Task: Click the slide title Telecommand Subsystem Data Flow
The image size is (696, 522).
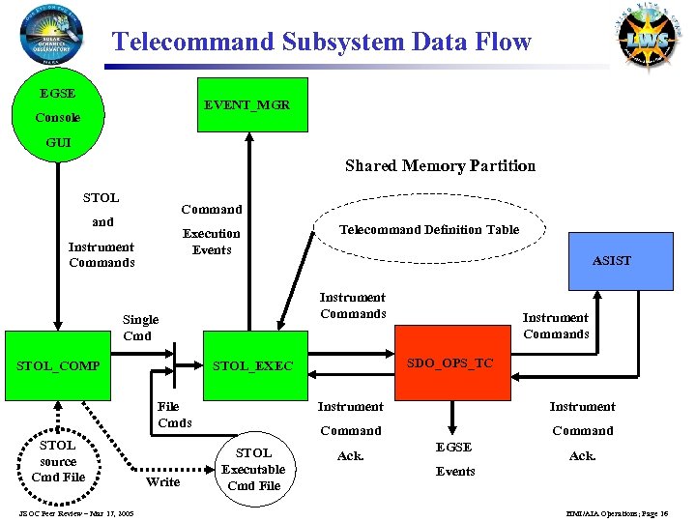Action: pos(321,42)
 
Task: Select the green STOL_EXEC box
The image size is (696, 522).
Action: pos(252,366)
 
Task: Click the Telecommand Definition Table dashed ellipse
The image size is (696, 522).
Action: pos(428,230)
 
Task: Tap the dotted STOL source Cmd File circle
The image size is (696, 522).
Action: pos(58,461)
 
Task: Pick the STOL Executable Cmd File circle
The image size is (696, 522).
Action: pos(254,469)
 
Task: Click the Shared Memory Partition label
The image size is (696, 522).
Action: pos(440,165)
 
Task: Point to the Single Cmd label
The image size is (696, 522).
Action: pos(140,327)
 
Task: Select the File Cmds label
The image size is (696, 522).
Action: pos(175,415)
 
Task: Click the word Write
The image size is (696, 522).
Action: pos(162,481)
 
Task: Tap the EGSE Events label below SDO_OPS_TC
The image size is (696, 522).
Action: pos(454,459)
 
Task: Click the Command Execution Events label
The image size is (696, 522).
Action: pos(212,230)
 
